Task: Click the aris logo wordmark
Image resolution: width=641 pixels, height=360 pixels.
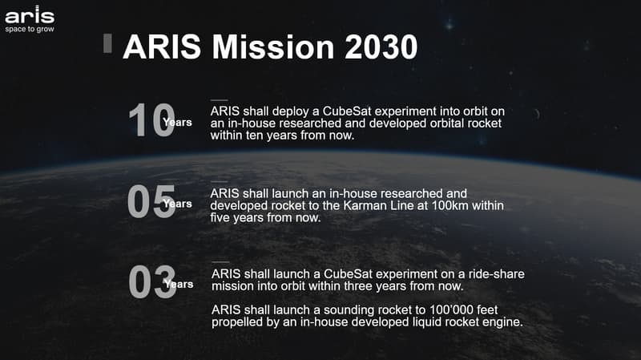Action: click(x=30, y=14)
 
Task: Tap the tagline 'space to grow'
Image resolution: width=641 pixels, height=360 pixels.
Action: click(x=30, y=29)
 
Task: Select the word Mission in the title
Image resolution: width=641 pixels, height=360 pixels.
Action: click(x=274, y=47)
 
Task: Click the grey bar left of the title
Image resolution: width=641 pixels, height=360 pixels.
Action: click(x=107, y=43)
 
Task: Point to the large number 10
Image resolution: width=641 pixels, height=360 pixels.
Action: click(x=151, y=119)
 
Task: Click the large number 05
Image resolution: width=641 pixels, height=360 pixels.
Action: click(x=151, y=201)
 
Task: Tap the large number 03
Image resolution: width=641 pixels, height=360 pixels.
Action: click(x=152, y=281)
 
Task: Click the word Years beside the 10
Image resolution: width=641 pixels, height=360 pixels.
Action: click(x=177, y=123)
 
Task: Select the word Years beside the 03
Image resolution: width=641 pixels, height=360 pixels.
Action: click(x=179, y=285)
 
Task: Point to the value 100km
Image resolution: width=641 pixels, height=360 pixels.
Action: click(x=450, y=205)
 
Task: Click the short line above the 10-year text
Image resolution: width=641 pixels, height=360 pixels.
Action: click(x=219, y=99)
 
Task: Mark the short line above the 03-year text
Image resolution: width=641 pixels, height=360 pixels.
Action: click(x=220, y=262)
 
